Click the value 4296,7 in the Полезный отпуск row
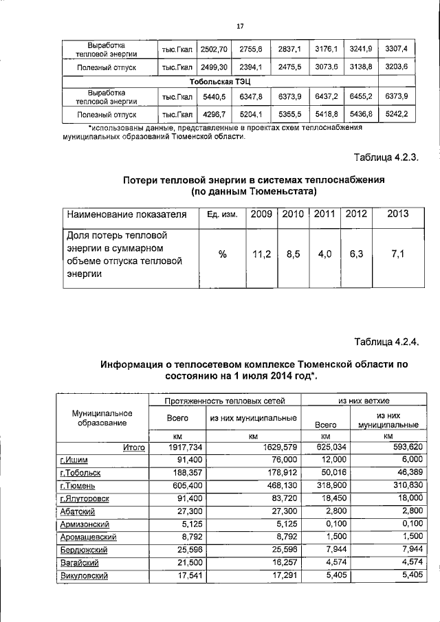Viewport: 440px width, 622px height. pyautogui.click(x=212, y=114)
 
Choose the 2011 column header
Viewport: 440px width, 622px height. pyautogui.click(x=324, y=214)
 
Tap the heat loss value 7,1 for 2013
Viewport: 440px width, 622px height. pyautogui.click(x=397, y=254)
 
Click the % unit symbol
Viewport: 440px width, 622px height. pyautogui.click(x=222, y=254)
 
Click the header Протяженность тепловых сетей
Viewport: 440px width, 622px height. pyautogui.click(x=224, y=400)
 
